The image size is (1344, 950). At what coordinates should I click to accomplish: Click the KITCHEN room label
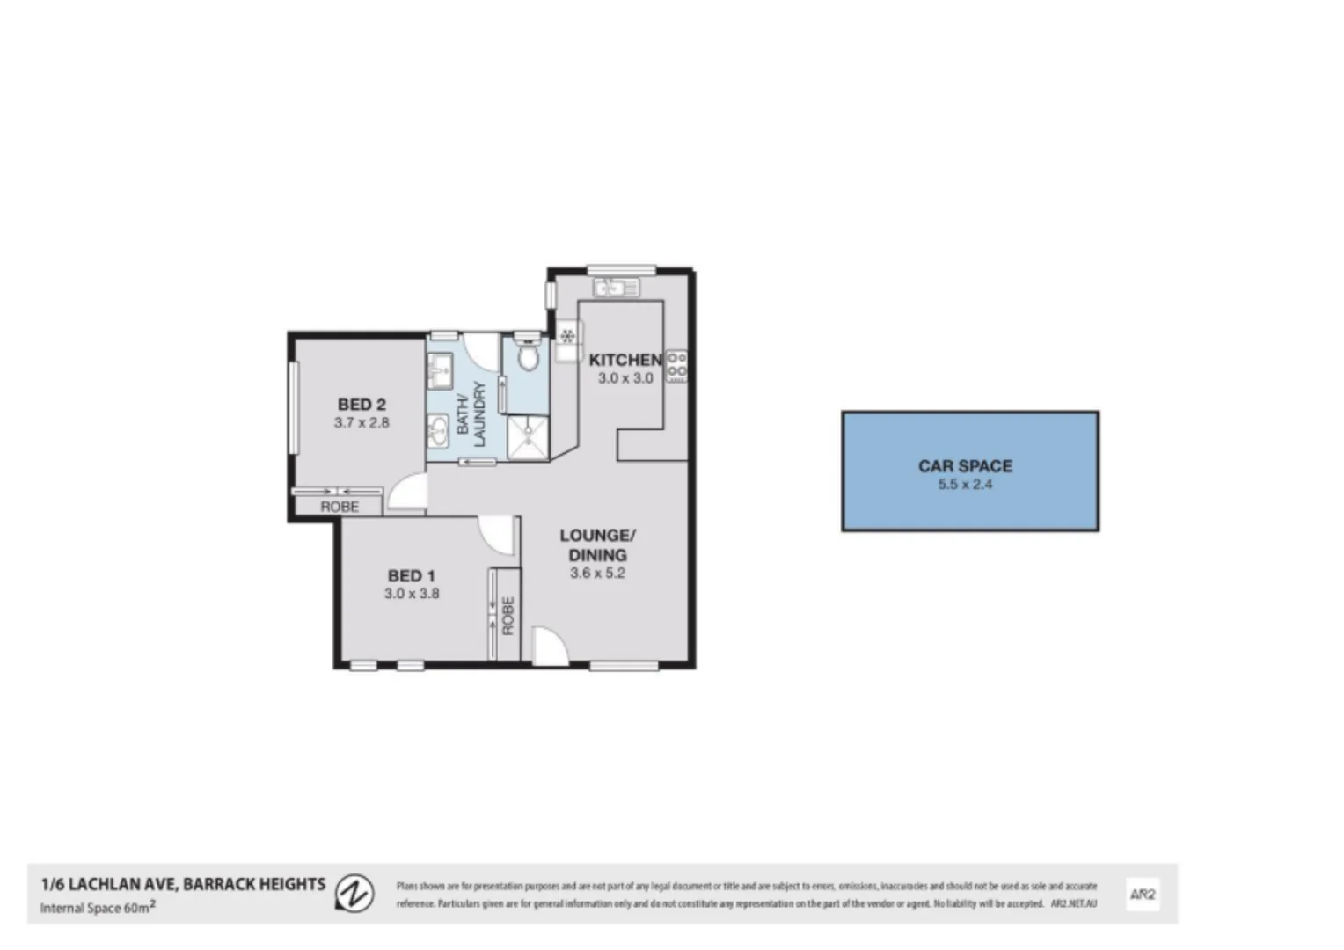pyautogui.click(x=625, y=360)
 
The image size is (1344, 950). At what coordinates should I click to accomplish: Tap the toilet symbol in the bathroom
pyautogui.click(x=528, y=356)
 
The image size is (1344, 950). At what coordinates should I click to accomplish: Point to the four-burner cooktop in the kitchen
pyautogui.click(x=676, y=366)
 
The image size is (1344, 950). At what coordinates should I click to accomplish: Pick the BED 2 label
pyautogui.click(x=362, y=405)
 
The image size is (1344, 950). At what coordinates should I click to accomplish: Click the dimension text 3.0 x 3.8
pyautogui.click(x=412, y=594)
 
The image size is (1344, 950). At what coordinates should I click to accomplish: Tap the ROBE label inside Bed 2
pyautogui.click(x=340, y=507)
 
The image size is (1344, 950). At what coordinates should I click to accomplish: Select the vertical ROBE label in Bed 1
pyautogui.click(x=508, y=616)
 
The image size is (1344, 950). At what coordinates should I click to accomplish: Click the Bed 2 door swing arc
pyautogui.click(x=406, y=492)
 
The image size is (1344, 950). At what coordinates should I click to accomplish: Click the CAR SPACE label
pyautogui.click(x=965, y=466)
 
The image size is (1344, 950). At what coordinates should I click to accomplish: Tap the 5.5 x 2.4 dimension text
pyautogui.click(x=965, y=485)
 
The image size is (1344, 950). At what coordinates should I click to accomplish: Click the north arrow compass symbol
pyautogui.click(x=354, y=892)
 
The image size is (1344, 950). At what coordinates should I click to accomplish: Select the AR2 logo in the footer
pyautogui.click(x=1143, y=895)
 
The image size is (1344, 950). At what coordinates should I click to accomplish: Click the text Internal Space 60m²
pyautogui.click(x=98, y=908)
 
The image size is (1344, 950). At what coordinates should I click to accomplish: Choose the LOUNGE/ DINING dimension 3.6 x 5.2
pyautogui.click(x=598, y=574)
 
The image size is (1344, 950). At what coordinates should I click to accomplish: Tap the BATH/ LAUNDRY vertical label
pyautogui.click(x=471, y=414)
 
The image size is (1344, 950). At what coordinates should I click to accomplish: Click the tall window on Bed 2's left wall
pyautogui.click(x=293, y=409)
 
